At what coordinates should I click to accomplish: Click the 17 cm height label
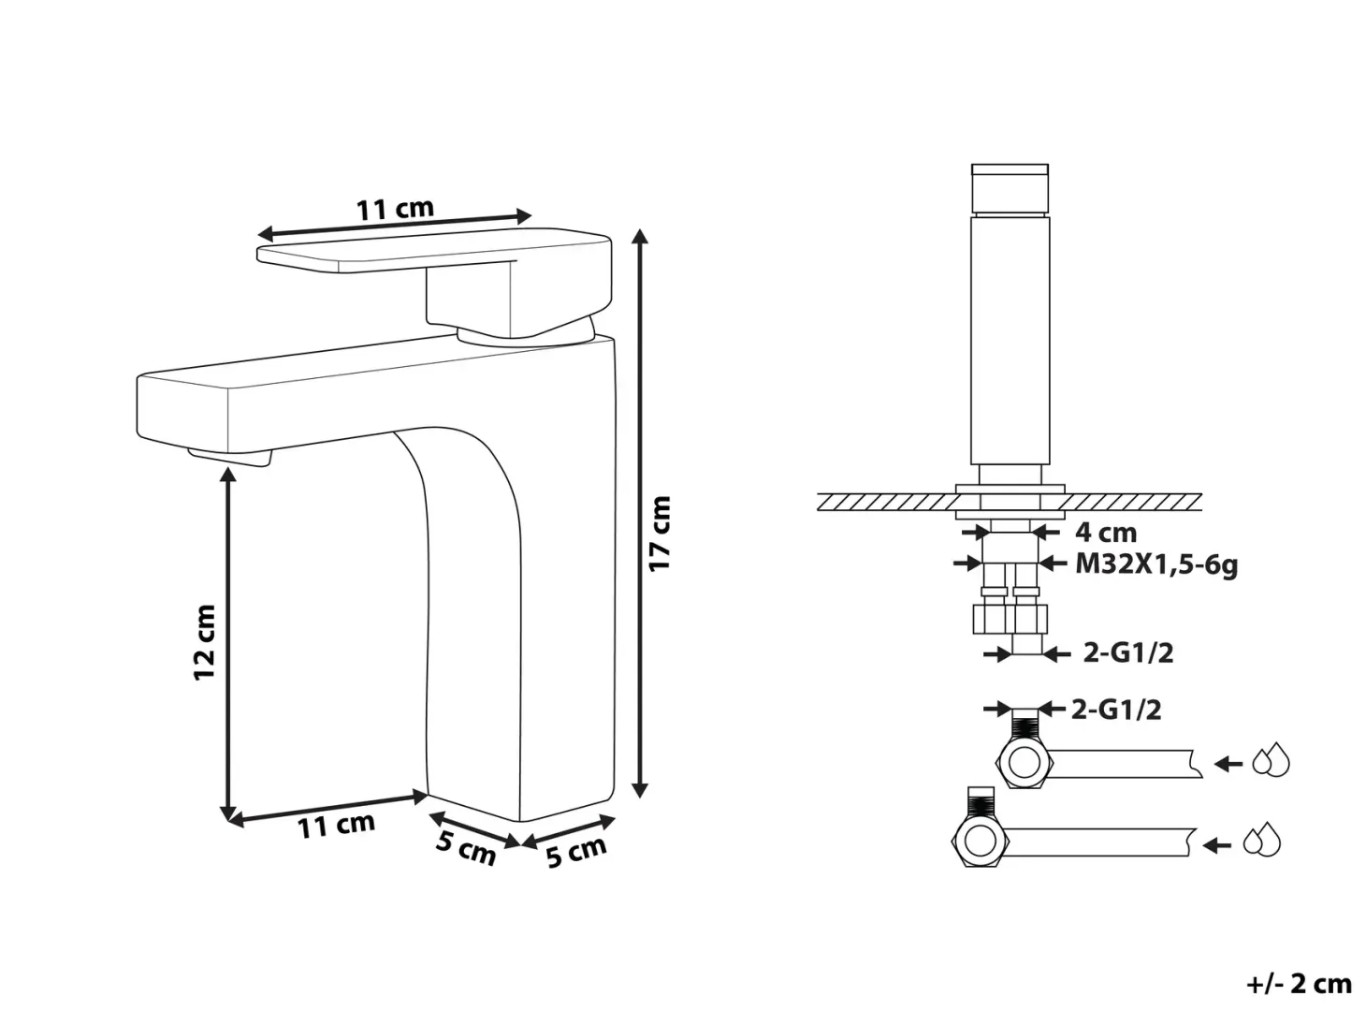coord(660,533)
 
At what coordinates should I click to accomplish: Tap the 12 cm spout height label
coord(205,642)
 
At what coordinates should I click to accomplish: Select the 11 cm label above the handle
coord(395,209)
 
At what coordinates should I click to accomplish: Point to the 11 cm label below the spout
coord(336,826)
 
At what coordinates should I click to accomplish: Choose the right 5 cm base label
coord(576,852)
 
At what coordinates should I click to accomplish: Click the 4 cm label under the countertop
coord(1106,533)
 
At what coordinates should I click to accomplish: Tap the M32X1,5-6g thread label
coord(1156,565)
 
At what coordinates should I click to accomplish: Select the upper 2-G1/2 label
coord(1128,652)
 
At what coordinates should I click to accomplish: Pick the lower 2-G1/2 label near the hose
coord(1116,710)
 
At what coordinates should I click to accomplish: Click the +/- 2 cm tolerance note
coord(1300,984)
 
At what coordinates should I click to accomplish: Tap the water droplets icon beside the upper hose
coord(1271,759)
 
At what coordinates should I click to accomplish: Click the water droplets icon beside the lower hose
coord(1262,840)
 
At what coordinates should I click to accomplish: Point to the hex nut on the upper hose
coord(1024,763)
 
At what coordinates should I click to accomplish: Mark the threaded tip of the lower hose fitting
coord(981,801)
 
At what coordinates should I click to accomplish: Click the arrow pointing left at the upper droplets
coord(1228,763)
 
